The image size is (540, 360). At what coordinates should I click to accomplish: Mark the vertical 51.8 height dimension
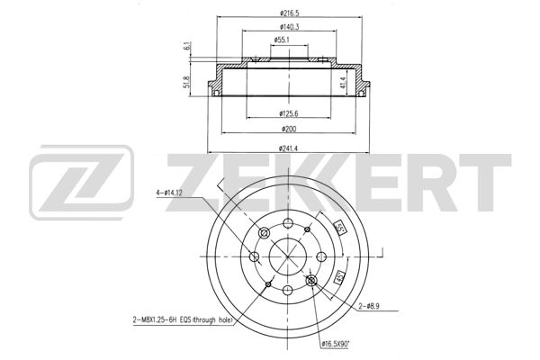(x=186, y=84)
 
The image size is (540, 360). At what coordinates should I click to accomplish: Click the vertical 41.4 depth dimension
(x=343, y=82)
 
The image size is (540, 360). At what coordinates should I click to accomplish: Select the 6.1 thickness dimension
(x=186, y=48)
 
